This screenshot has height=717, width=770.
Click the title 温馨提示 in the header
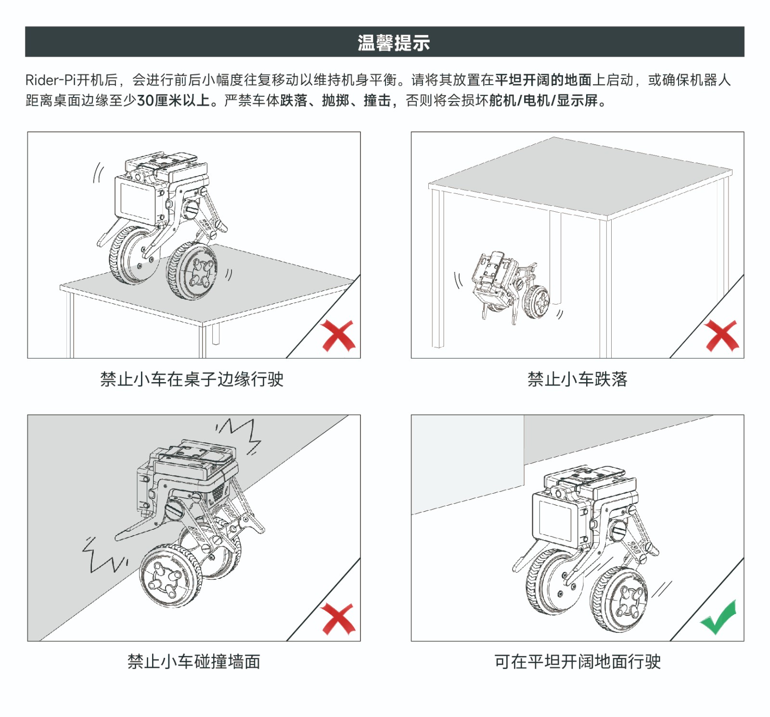tap(394, 42)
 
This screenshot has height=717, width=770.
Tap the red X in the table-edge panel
tap(338, 335)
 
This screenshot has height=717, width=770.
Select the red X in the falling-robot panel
tap(721, 335)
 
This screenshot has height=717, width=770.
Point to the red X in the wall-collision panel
tap(338, 618)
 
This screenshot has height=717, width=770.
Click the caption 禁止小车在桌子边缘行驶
tap(192, 379)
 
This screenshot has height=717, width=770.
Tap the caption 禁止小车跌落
tap(577, 379)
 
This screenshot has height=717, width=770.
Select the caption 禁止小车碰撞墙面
tap(194, 662)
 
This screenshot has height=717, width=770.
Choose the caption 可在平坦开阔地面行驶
tap(577, 662)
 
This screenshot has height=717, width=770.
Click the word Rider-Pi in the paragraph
tap(51, 80)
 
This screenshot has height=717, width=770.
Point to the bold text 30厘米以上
tap(174, 100)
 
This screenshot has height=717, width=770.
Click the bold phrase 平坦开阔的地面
tap(543, 80)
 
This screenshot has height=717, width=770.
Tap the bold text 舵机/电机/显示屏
tap(543, 100)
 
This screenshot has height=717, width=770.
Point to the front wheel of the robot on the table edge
tap(192, 271)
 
